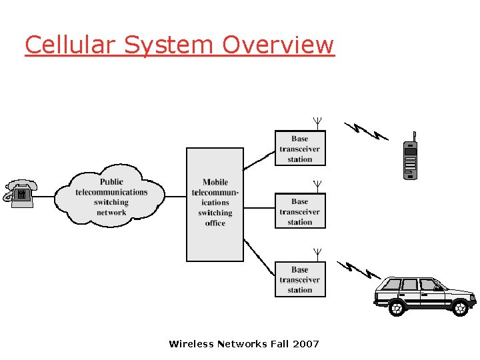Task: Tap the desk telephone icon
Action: [20, 193]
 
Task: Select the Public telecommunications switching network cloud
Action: [111, 197]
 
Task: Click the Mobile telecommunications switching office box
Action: [215, 203]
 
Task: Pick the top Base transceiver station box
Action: [300, 149]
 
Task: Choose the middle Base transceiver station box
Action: [300, 211]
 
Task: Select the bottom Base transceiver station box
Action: [300, 279]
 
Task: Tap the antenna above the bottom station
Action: [318, 253]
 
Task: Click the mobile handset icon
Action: [410, 158]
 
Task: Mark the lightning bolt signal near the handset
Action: [365, 131]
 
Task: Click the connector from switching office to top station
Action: [259, 161]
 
